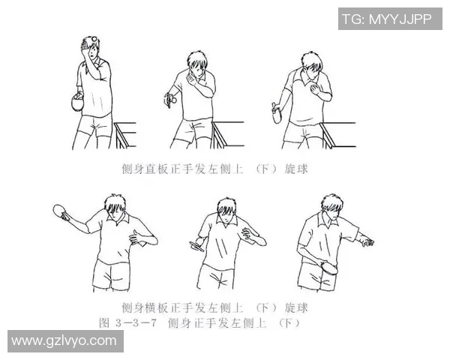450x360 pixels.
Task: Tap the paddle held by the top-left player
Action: pyautogui.click(x=74, y=103)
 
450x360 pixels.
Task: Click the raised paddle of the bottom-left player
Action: pyautogui.click(x=61, y=213)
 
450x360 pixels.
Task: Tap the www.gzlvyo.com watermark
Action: pyautogui.click(x=64, y=341)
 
